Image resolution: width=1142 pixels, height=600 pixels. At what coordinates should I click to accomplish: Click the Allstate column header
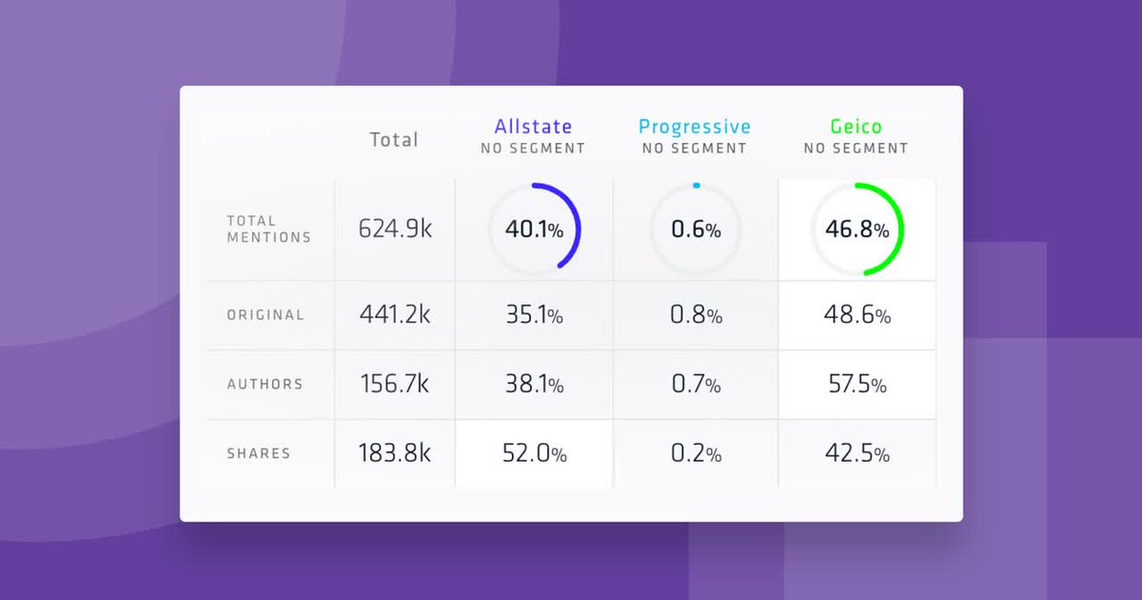point(533,127)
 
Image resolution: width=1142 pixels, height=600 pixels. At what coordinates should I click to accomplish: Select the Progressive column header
point(694,127)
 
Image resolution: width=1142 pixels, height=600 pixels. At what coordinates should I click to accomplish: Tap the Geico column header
point(856,127)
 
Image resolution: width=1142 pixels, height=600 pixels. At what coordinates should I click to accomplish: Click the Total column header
point(394,139)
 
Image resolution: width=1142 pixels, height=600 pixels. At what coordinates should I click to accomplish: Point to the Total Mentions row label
point(268,230)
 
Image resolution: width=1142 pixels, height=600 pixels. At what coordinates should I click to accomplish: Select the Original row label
point(266,315)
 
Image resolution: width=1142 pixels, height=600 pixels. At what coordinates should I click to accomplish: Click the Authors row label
point(265,385)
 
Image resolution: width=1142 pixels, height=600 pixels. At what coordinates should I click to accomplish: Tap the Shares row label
point(258,454)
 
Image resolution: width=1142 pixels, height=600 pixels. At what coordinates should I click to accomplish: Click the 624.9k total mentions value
point(395,230)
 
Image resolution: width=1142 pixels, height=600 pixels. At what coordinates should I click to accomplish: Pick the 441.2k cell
point(395,315)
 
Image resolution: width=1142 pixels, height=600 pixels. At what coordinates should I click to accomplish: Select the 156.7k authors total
point(395,385)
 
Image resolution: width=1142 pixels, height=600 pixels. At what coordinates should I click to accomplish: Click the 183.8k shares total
point(395,454)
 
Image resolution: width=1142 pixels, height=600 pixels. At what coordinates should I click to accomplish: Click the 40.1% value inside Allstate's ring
point(534,230)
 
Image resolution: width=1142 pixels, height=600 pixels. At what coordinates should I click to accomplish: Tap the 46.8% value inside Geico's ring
point(856,230)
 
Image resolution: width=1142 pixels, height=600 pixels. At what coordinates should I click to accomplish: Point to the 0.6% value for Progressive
point(695,230)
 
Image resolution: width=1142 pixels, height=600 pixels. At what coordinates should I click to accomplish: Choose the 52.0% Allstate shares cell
point(534,454)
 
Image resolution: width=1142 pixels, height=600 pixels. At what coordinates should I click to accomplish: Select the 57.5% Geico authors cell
point(856,385)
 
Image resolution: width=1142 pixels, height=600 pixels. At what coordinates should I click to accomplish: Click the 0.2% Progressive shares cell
point(695,454)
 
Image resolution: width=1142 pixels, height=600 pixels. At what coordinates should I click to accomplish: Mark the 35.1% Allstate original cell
point(534,315)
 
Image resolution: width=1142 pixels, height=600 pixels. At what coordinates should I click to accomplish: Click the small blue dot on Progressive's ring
point(697,185)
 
